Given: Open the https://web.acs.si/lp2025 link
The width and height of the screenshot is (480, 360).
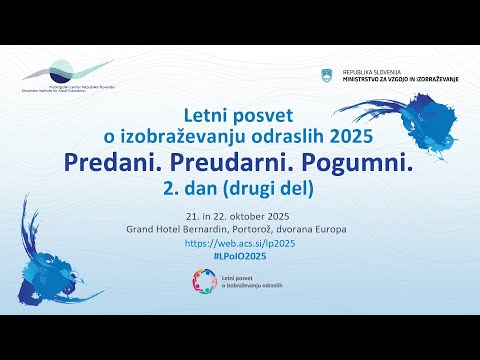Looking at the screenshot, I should pyautogui.click(x=240, y=243).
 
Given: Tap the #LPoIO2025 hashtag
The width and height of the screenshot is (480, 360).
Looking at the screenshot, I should pyautogui.click(x=240, y=257).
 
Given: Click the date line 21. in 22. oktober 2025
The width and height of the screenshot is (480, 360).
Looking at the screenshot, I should pyautogui.click(x=240, y=215).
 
